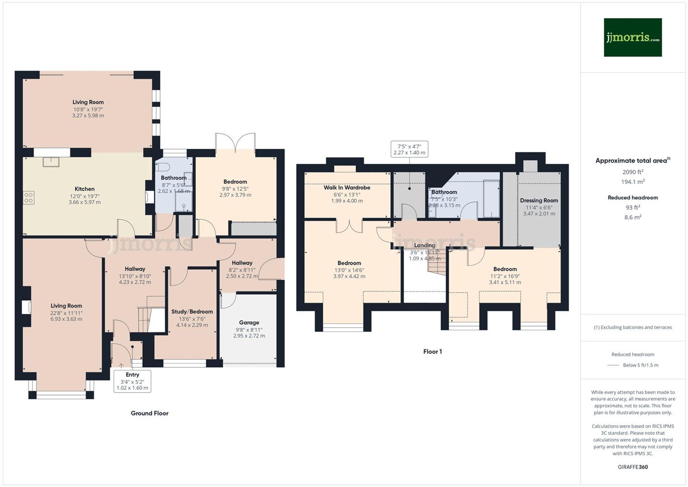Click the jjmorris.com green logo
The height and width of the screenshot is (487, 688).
[x=632, y=37]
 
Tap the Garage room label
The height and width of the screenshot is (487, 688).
[x=249, y=322]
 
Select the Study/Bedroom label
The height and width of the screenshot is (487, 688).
[x=192, y=311]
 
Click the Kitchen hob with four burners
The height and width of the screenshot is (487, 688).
[x=29, y=198]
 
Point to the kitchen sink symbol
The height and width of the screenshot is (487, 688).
[x=51, y=161]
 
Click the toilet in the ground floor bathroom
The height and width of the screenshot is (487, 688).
[x=162, y=167]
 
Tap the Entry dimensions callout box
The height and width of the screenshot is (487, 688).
[x=132, y=381]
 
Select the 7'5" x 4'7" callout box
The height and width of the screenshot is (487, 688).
[x=409, y=149]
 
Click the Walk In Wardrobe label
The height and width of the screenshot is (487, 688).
[x=347, y=188]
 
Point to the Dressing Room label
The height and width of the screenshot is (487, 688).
[x=539, y=200]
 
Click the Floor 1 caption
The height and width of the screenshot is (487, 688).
[x=432, y=351]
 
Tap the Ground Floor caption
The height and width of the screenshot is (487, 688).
[x=149, y=413]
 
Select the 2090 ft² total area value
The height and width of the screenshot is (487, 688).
[x=632, y=172]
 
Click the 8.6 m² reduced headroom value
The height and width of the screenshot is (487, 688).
[x=632, y=217]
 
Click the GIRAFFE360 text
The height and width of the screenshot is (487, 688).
[x=632, y=467]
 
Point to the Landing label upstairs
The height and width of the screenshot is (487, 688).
[x=424, y=245]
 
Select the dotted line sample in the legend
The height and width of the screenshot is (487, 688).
[x=613, y=365]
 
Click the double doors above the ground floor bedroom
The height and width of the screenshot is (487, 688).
[x=235, y=142]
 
